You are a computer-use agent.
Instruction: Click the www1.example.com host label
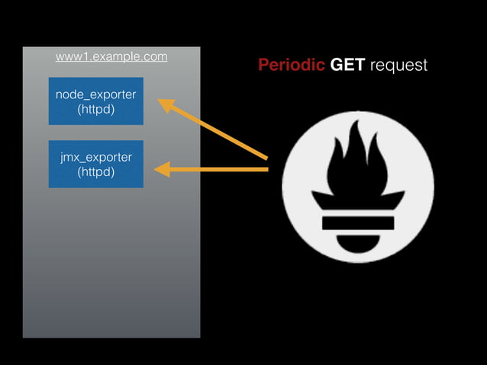coord(111,57)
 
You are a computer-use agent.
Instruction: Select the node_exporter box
coord(96,101)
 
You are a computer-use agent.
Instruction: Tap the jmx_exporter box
coord(96,164)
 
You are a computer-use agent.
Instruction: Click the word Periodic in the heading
coord(292,66)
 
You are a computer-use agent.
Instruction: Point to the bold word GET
coord(348,66)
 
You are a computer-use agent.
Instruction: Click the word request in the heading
coord(398,66)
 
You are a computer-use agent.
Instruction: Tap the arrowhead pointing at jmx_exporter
coord(162,169)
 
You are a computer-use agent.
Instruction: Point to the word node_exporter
coord(96,94)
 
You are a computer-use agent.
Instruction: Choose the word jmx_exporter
coord(96,157)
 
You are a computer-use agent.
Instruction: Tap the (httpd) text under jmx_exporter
coord(96,171)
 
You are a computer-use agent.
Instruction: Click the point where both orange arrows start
coord(267,164)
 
